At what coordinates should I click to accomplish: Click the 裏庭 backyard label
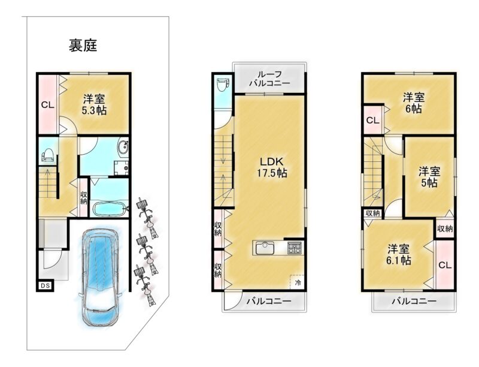(83, 46)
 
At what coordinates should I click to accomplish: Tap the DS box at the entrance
(46, 285)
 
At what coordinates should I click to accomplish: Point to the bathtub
(109, 209)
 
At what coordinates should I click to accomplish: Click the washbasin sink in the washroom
(124, 148)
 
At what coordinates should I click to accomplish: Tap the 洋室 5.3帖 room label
(95, 104)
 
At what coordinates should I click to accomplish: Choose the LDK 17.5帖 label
(272, 167)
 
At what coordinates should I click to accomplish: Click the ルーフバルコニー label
(269, 79)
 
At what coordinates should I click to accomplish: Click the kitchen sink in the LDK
(265, 247)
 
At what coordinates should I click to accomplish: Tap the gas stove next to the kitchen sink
(295, 248)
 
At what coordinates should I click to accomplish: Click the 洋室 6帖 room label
(414, 103)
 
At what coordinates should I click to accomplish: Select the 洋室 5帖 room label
(429, 177)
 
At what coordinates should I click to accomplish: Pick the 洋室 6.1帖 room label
(399, 254)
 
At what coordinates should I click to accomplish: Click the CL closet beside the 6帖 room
(372, 120)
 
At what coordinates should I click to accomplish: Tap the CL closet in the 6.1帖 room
(445, 265)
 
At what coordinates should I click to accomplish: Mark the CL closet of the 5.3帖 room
(48, 105)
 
